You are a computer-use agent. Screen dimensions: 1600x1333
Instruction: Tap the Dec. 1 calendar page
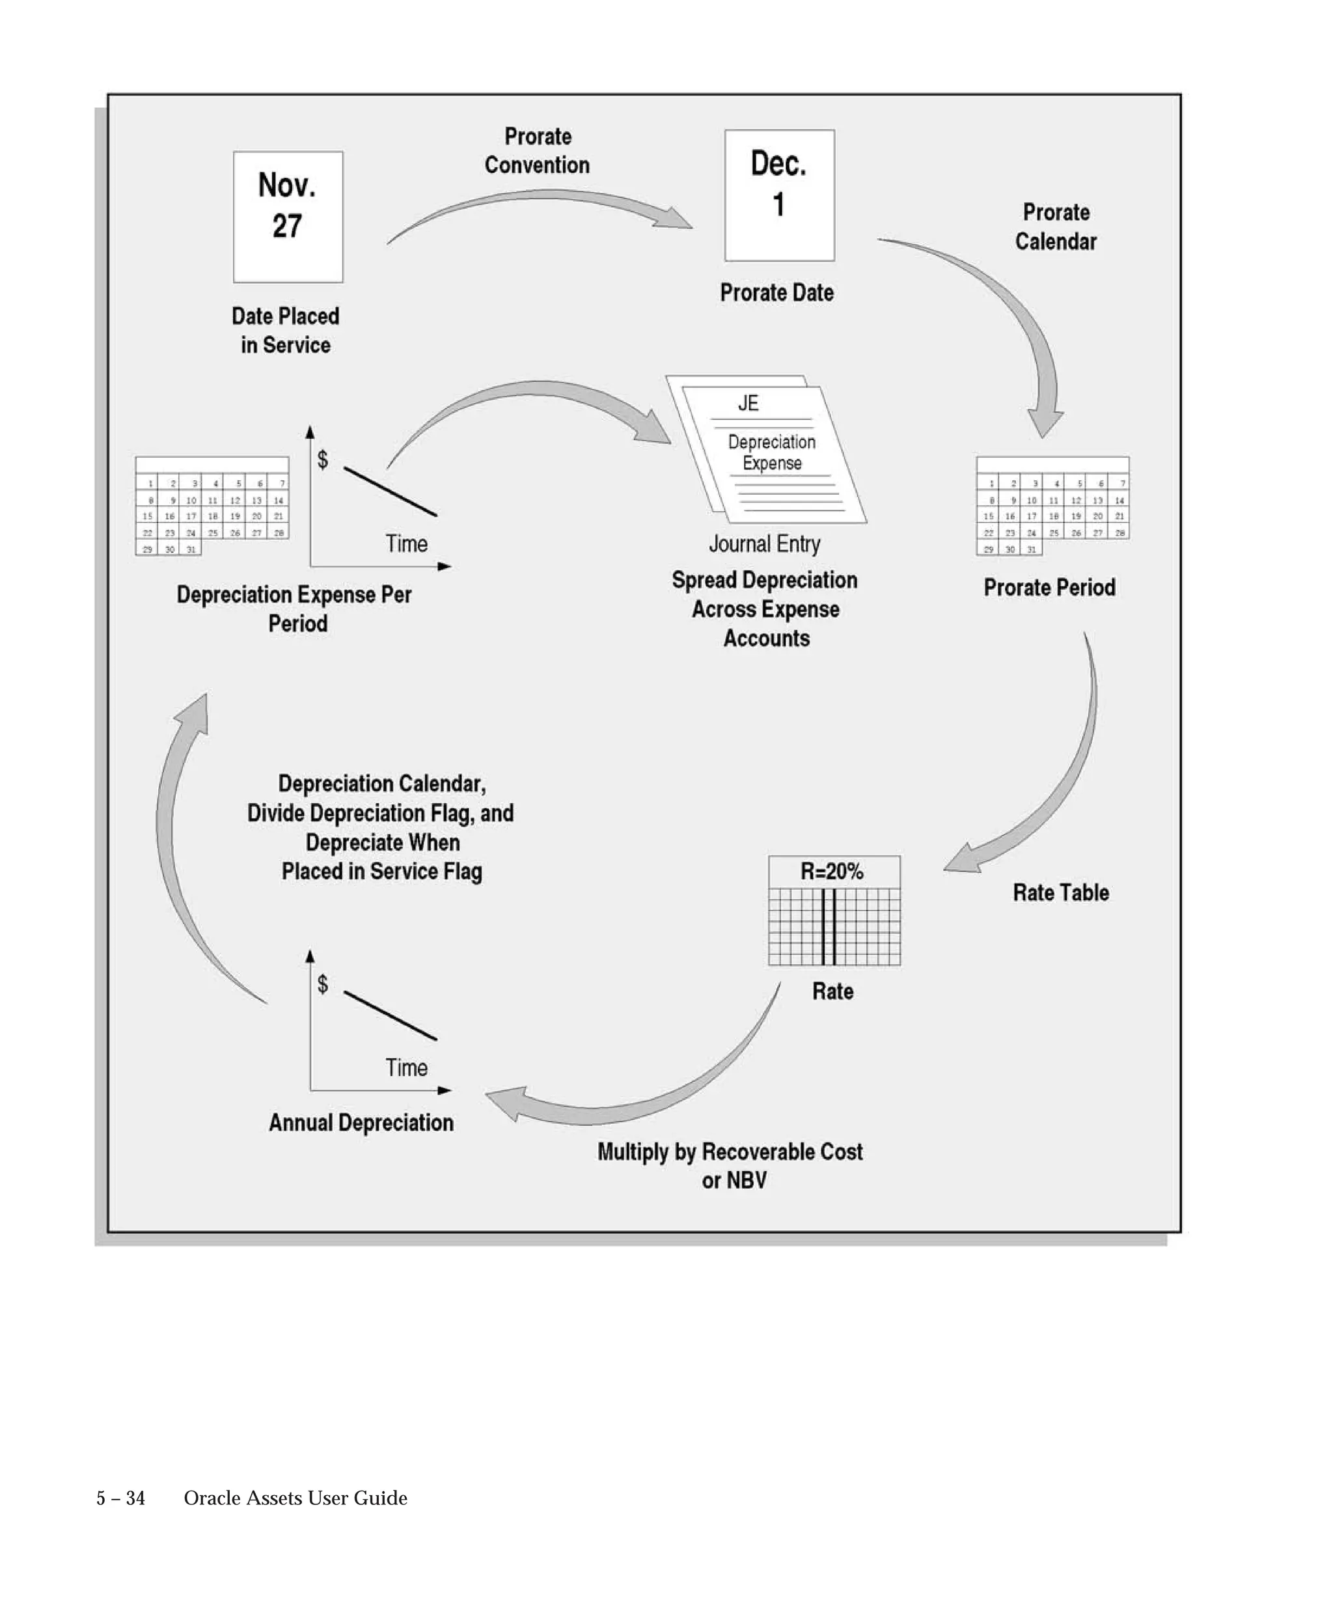[779, 195]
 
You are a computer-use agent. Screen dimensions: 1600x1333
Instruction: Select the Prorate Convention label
[537, 151]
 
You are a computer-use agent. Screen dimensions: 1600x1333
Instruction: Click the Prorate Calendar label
[1056, 227]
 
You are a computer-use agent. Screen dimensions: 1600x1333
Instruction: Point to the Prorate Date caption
[777, 292]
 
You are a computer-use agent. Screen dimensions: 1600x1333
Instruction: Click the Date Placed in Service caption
[286, 330]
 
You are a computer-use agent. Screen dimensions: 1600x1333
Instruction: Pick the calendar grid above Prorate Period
[1052, 505]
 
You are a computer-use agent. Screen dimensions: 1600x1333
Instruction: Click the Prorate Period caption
[1050, 587]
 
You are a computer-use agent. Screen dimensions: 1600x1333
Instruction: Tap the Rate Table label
[1060, 892]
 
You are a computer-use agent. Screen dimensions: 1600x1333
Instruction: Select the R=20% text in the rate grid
[832, 871]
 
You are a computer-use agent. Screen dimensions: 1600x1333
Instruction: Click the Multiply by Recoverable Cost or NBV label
[730, 1165]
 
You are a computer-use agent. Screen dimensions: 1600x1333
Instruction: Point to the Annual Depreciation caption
[361, 1122]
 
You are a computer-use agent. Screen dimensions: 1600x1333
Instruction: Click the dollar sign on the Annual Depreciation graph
[323, 984]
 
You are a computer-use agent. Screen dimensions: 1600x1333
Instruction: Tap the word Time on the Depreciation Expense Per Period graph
[406, 544]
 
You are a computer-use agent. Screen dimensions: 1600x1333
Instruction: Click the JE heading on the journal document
[748, 403]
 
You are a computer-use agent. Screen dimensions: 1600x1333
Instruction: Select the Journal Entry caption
[765, 544]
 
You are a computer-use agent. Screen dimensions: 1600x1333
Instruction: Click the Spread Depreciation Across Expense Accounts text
[765, 609]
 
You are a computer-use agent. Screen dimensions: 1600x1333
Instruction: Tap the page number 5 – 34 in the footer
[120, 1498]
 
